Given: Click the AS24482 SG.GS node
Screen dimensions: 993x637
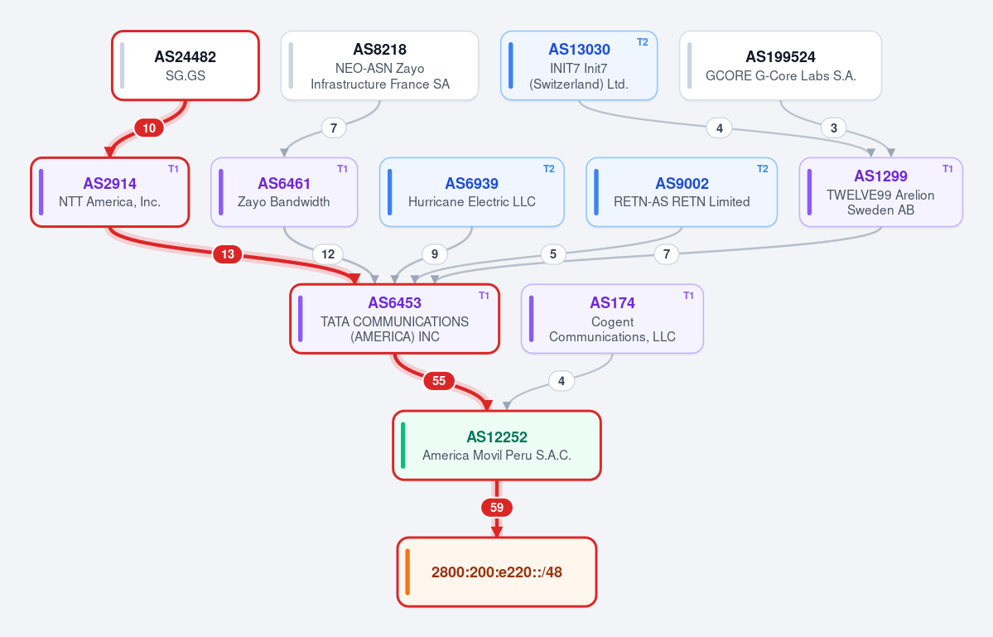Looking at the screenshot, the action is point(186,65).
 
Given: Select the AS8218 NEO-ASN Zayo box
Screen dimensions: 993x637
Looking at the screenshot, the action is point(379,65).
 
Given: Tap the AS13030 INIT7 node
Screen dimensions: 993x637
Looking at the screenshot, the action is point(579,65).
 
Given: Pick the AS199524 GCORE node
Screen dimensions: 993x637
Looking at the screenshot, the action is point(780,65).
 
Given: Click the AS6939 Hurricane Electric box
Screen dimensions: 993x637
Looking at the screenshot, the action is point(472,192).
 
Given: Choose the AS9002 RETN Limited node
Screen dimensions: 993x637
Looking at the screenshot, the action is point(682,192).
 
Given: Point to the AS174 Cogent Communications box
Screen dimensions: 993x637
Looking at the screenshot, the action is point(612,318).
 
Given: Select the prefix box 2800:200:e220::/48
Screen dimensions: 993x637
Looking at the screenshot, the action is point(497,572).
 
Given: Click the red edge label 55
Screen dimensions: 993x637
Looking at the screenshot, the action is point(439,381).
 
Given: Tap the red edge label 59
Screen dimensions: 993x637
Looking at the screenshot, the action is point(497,508).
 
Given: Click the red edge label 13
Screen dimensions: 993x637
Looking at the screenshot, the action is point(228,254).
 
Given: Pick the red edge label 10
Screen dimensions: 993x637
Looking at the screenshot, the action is point(149,128).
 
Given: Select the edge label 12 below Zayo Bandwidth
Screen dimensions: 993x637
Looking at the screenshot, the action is point(328,254).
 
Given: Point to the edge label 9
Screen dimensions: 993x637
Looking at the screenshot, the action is point(435,254).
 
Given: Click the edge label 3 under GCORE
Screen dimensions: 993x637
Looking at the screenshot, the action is point(834,128).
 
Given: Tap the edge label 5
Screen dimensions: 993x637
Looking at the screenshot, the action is point(553,254).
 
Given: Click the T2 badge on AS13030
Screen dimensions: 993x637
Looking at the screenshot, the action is point(642,42).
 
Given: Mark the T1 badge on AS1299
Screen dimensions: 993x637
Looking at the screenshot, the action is point(947,169).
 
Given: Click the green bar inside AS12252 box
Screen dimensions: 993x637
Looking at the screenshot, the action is point(403,445).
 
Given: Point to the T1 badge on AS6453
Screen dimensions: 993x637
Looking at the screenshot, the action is point(484,296).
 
